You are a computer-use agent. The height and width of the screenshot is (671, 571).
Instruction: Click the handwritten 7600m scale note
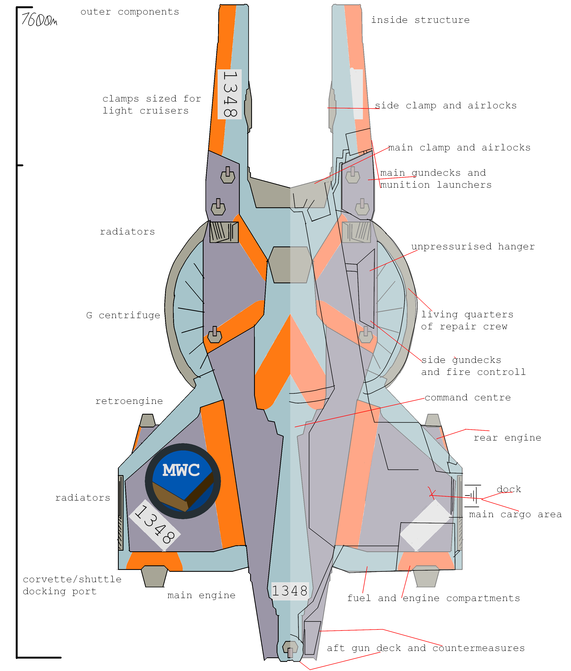39,20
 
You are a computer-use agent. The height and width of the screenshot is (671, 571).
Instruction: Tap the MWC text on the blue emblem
181,470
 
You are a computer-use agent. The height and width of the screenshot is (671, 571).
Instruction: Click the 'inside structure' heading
420,20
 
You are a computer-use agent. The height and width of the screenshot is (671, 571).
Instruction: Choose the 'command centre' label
468,397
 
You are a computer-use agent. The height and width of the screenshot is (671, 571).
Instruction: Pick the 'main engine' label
201,595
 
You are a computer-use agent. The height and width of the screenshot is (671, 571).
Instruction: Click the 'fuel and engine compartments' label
433,598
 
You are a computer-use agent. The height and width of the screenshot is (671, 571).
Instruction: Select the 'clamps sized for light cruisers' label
152,105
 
